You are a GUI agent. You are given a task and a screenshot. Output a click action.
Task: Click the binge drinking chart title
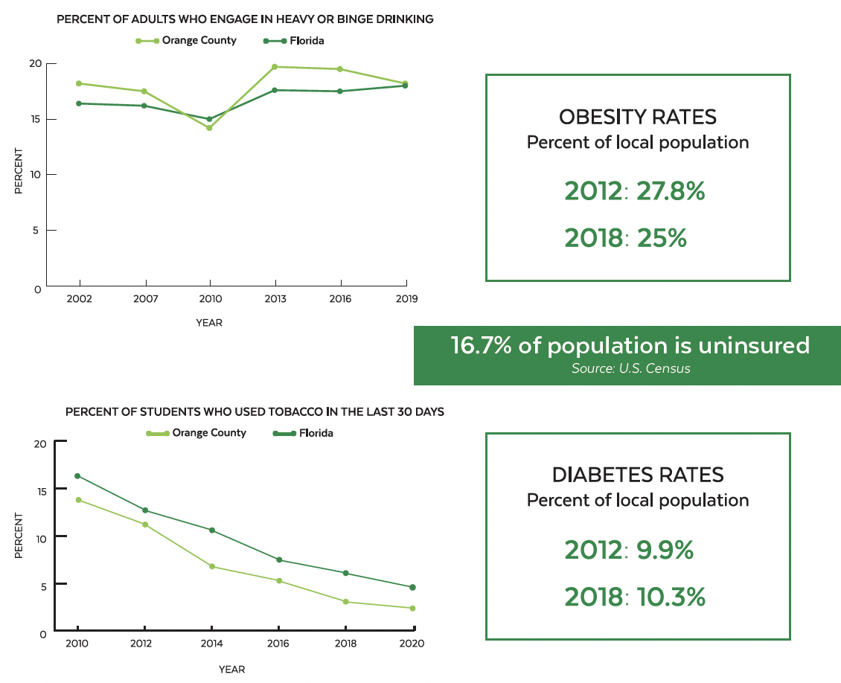click(245, 19)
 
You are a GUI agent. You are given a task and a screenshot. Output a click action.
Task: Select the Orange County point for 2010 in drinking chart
click(210, 128)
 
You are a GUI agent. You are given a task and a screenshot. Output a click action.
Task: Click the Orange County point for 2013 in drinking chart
click(275, 67)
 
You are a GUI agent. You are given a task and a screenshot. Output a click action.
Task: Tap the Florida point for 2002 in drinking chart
click(79, 103)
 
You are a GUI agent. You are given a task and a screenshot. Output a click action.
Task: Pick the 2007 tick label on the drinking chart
click(144, 299)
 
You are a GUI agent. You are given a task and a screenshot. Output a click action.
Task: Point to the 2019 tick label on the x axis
click(406, 299)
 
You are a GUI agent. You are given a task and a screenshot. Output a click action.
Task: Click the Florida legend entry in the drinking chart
click(306, 40)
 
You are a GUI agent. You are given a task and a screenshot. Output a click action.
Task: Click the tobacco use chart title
click(255, 411)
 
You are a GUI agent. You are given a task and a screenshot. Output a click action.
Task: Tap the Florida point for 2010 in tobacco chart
click(77, 476)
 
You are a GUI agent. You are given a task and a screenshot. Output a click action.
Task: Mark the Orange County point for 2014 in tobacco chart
click(212, 566)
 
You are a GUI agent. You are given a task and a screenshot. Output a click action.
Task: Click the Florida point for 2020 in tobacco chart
click(412, 587)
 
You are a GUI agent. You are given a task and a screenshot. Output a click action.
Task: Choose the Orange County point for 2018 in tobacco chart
click(345, 601)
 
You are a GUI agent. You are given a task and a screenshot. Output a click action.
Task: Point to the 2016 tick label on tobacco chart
click(278, 644)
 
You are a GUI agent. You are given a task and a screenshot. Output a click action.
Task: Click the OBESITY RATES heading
click(638, 117)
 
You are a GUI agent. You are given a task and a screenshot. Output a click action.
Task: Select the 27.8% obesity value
click(671, 191)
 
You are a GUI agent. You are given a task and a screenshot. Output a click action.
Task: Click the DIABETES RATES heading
click(638, 475)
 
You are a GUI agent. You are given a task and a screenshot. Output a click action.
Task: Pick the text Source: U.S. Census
click(630, 368)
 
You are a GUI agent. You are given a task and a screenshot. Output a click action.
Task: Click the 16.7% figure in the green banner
click(476, 345)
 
